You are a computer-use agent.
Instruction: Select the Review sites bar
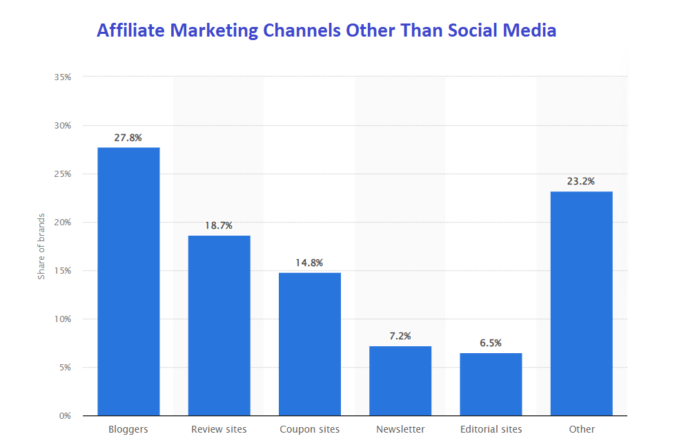pos(219,326)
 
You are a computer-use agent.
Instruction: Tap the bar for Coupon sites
pos(310,344)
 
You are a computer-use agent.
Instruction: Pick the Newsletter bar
pos(400,381)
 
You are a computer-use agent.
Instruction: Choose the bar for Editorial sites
pos(491,384)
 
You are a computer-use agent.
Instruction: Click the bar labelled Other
pos(581,303)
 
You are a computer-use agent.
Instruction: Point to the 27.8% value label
pos(128,138)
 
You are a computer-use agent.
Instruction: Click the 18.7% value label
pos(219,226)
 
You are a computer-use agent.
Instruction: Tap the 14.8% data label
pos(310,263)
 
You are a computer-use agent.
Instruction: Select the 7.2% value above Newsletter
pos(400,336)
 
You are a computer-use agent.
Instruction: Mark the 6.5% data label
pos(491,343)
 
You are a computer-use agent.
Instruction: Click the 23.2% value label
pos(581,182)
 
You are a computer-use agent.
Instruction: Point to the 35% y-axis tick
pos(63,77)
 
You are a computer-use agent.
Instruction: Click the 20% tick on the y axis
pos(63,223)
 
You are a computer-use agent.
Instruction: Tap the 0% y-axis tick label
pos(65,416)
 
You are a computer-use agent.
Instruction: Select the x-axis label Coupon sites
pos(310,430)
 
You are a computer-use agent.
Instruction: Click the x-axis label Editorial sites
pos(491,430)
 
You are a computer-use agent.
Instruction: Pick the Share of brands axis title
pos(41,247)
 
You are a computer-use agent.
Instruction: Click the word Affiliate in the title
pos(130,30)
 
